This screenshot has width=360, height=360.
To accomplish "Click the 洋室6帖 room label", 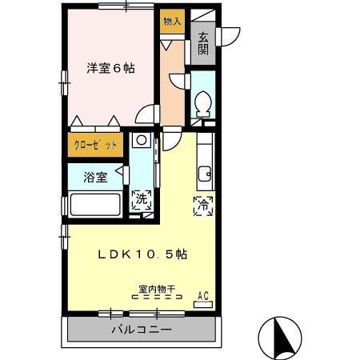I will [110, 69].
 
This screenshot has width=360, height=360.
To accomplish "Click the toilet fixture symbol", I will [203, 103].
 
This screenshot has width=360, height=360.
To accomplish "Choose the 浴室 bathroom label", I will [95, 177].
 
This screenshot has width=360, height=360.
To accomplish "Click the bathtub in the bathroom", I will [95, 205].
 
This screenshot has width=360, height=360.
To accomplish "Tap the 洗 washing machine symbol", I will [141, 200].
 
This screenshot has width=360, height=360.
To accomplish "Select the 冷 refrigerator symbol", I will [202, 205].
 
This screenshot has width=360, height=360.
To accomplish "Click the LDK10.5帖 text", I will [142, 254].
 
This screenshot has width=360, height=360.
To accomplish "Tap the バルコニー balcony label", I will [141, 329].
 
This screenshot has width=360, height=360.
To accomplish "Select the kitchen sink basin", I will [205, 172].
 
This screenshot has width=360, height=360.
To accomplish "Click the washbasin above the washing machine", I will [141, 141].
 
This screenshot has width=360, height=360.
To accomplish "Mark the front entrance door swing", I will [230, 35].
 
